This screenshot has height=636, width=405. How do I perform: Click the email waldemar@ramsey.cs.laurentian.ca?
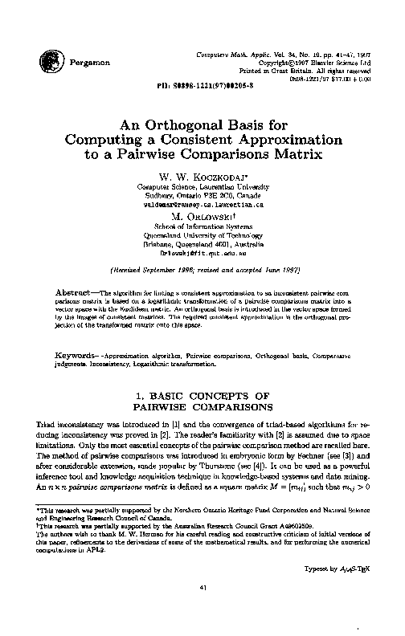click(202, 204)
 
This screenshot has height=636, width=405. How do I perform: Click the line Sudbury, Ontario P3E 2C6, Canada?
click(202, 195)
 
